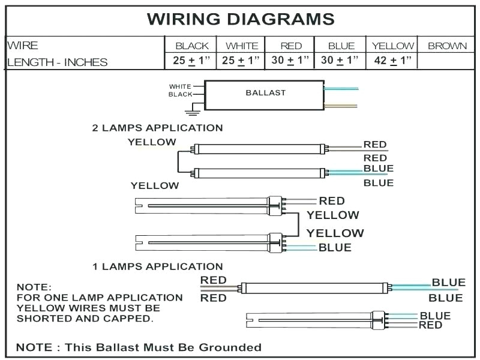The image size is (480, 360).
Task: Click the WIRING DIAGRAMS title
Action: coord(241,19)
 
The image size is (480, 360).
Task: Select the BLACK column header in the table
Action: coord(192,46)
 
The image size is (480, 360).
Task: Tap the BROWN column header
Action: coord(447,46)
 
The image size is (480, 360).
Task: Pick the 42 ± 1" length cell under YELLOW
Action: coord(394,61)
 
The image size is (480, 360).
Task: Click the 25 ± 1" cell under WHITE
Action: coord(242,61)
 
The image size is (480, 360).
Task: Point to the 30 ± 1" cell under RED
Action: coord(290,61)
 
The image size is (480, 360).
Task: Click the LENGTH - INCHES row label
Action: coord(58,62)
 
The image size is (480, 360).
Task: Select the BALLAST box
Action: coord(265,94)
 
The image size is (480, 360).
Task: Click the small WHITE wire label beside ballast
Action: coord(180,86)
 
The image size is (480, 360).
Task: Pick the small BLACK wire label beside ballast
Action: coord(180,95)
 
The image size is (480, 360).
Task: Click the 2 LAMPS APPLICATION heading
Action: coord(157,128)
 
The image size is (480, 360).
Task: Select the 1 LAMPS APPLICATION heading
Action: coord(157,266)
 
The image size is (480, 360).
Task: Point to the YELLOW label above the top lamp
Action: coord(152,142)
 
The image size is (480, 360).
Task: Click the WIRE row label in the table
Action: coord(23,46)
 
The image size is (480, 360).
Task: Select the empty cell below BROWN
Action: coord(447,61)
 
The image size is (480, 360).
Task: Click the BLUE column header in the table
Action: coord(341,46)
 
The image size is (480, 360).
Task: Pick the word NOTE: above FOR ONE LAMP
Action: coord(34,287)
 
